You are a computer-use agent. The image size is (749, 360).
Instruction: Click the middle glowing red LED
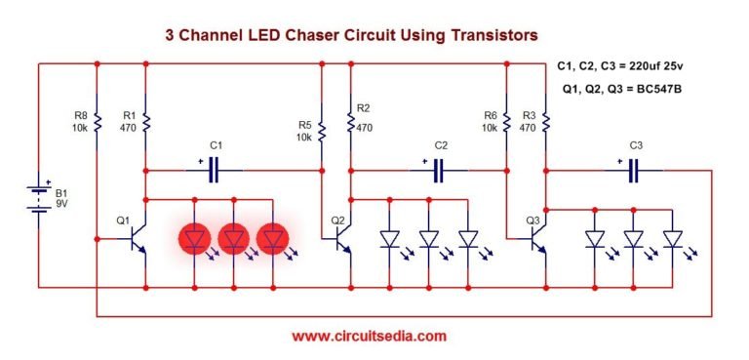(234, 238)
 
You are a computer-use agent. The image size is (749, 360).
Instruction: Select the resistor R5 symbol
(321, 129)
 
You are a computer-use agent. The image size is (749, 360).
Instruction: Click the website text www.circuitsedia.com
(370, 336)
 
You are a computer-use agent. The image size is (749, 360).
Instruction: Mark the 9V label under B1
(63, 205)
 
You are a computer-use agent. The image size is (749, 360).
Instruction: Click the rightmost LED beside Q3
(672, 239)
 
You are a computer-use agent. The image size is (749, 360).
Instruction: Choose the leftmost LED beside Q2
(390, 239)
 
